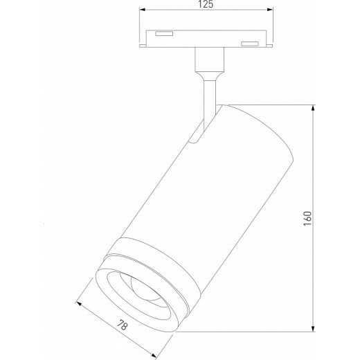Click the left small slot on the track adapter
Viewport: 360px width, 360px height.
[x=164, y=33]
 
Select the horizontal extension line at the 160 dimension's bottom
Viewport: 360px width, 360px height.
[x=242, y=332]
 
